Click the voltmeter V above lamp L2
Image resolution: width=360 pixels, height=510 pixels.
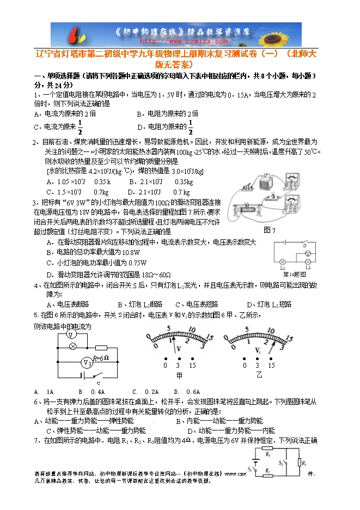pyautogui.click(x=308, y=253)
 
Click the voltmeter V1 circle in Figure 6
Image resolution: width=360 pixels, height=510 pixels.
pyautogui.click(x=86, y=363)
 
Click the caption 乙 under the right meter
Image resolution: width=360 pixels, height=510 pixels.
pyautogui.click(x=259, y=376)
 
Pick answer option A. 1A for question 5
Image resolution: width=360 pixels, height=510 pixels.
pyautogui.click(x=44, y=392)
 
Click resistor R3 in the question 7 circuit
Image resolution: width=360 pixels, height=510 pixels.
pyautogui.click(x=303, y=463)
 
